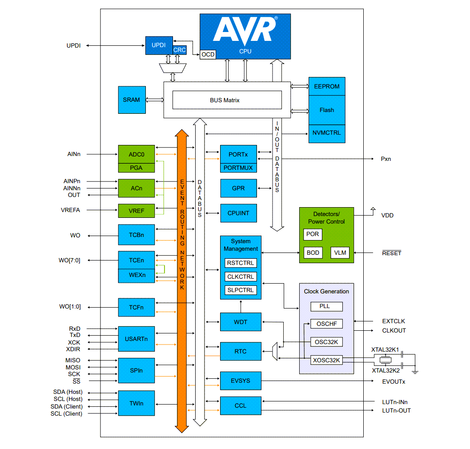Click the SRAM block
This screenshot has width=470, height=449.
coord(131,100)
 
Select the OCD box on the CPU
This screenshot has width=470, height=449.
coord(208,54)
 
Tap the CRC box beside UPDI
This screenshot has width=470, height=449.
coord(180,50)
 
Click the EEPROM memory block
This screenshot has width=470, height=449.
coord(326,86)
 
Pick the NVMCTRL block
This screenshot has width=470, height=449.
coord(326,133)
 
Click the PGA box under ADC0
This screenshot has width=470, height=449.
coord(136,168)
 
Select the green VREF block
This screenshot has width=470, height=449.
coord(136,211)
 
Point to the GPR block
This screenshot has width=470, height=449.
coord(238,188)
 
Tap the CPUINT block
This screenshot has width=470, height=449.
coord(238,213)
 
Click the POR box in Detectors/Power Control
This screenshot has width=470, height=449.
coord(313,234)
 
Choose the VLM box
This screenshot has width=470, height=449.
coord(340,253)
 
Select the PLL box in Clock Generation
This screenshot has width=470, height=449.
coord(326,306)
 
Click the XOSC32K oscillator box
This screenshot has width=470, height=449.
coord(326,361)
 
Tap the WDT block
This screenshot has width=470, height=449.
coord(241,322)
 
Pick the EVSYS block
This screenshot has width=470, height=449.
coord(241,381)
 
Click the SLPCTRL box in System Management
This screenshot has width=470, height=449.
coord(241,290)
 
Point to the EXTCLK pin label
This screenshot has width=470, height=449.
coord(394,321)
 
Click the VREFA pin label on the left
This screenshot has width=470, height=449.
coord(70,210)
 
